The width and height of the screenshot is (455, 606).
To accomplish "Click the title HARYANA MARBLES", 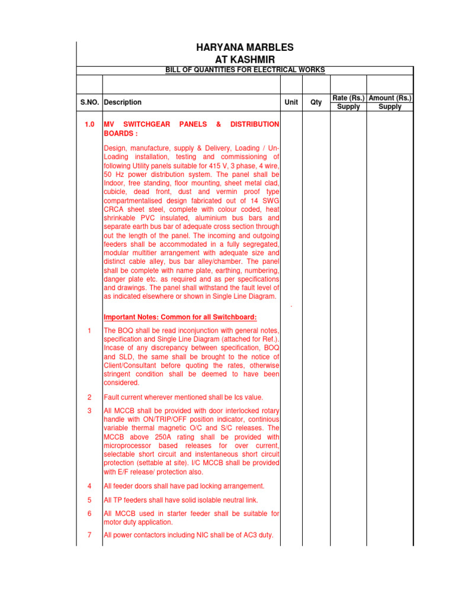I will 245,47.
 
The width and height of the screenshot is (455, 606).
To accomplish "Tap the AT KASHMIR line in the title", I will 245,60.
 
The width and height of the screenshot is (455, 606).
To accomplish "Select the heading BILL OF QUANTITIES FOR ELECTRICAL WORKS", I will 245,70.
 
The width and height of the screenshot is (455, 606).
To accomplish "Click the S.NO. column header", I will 89,102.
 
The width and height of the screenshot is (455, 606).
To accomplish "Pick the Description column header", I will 123,102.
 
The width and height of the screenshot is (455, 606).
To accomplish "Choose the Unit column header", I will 291,102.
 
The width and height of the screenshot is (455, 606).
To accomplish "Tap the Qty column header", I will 316,102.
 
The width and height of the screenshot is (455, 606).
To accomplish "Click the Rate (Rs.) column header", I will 348,98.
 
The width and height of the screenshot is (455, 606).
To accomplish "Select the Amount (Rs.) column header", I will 390,98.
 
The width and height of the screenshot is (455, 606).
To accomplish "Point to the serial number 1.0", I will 89,124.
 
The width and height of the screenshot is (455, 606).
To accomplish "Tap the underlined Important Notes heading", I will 180,317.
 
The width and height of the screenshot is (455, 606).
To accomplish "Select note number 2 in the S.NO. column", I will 89,397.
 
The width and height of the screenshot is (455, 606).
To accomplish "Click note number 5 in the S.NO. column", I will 89,500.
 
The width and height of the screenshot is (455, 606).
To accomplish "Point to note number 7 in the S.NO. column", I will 89,535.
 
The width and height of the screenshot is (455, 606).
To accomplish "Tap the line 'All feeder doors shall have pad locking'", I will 184,486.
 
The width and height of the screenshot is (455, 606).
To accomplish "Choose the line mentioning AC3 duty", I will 188,535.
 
